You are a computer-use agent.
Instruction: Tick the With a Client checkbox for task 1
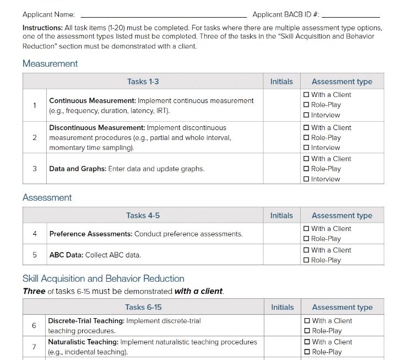[x=306, y=95]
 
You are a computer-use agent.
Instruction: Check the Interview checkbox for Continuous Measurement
[x=306, y=115]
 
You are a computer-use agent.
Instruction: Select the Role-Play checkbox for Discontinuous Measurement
[x=306, y=138]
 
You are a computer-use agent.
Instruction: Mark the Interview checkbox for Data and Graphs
[x=306, y=179]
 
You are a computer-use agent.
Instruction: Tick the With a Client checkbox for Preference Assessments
[x=306, y=229]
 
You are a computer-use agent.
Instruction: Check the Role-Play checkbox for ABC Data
[x=306, y=260]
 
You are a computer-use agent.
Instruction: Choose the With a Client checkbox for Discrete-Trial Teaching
[x=307, y=321]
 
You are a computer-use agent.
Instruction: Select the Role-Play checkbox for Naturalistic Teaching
[x=307, y=352]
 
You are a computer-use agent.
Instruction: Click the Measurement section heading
[x=50, y=64]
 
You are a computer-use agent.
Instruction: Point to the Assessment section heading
[x=47, y=198]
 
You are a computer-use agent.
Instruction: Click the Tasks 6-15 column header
[x=143, y=308]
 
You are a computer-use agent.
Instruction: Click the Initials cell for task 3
[x=281, y=169]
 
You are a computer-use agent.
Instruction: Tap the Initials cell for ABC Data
[x=281, y=255]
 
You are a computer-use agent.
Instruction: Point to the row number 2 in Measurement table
[x=35, y=137]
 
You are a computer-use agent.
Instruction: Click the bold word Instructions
[x=42, y=28]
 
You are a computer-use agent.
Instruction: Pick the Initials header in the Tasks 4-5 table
[x=281, y=216]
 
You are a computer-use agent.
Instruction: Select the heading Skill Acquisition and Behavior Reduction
[x=104, y=279]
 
